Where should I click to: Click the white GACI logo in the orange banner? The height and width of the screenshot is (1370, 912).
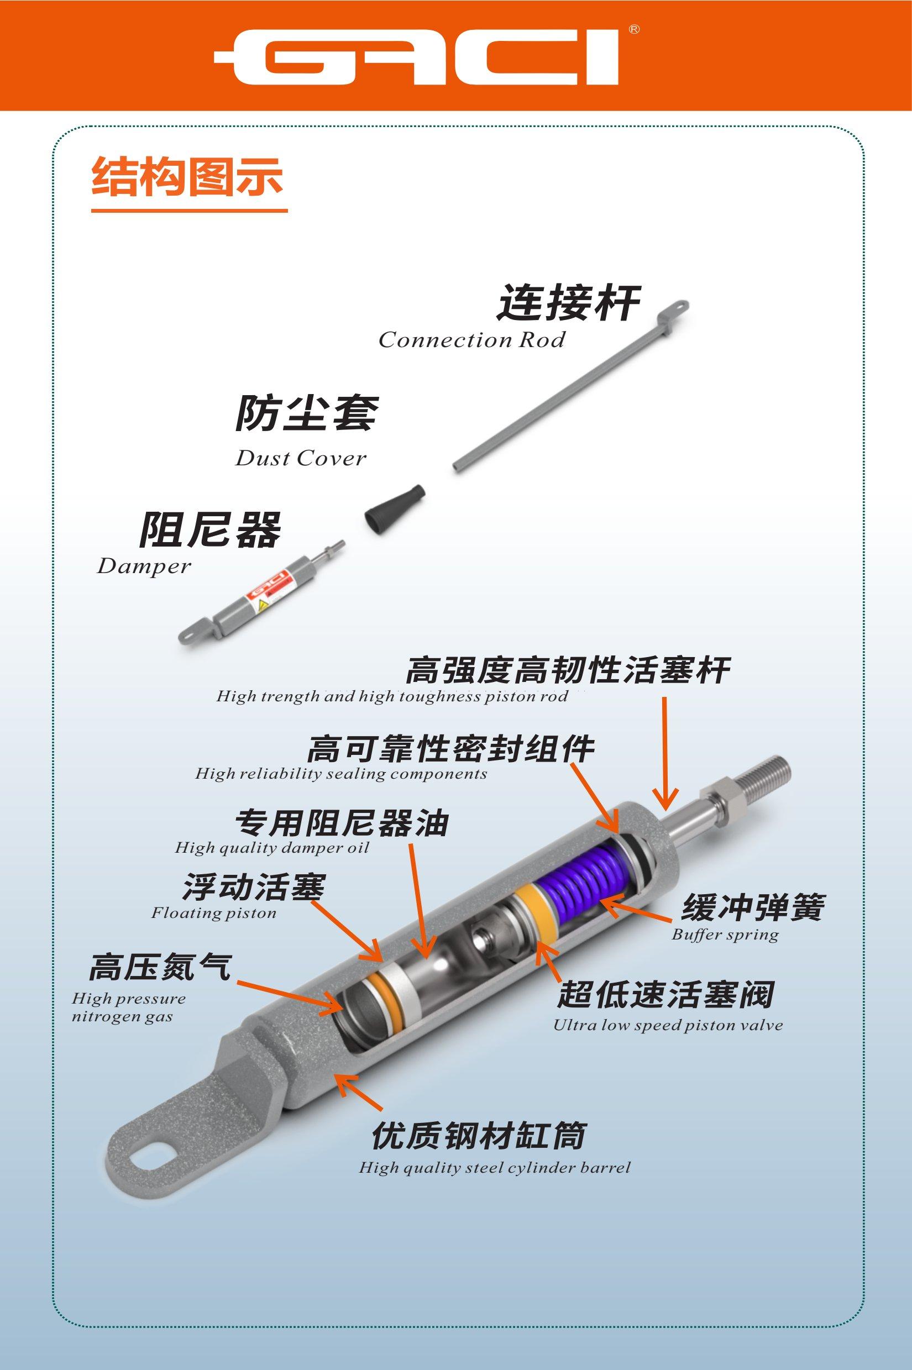(416, 56)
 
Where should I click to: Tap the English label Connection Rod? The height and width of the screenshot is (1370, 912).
(471, 340)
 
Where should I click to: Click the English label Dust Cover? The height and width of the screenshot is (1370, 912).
(301, 459)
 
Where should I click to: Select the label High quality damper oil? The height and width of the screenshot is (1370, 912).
(272, 848)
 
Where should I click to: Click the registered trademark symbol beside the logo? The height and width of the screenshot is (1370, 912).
(634, 29)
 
